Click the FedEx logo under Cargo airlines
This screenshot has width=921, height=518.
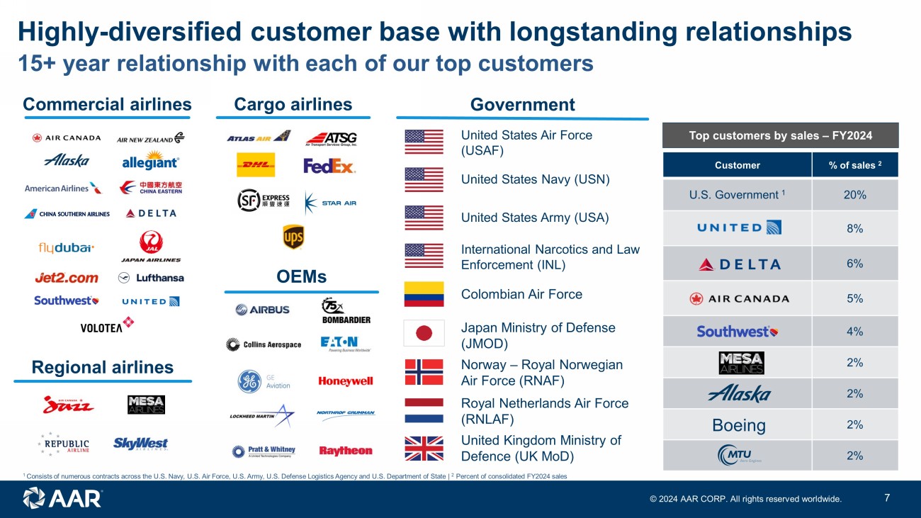click(x=329, y=166)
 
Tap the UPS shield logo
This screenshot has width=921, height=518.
click(x=293, y=237)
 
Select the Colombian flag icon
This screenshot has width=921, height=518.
click(x=424, y=294)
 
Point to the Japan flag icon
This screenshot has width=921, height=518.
click(x=424, y=332)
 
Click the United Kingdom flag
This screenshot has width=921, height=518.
click(x=424, y=448)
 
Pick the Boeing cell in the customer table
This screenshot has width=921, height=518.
click(x=738, y=425)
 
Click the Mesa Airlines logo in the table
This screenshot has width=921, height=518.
click(x=741, y=363)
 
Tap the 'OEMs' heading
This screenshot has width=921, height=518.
click(x=301, y=277)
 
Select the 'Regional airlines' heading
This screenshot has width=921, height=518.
click(x=103, y=367)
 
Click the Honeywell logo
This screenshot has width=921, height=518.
click(x=346, y=381)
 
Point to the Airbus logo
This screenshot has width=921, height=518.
click(x=262, y=310)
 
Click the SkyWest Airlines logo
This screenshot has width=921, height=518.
click(x=140, y=444)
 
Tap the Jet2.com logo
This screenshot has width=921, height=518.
click(x=67, y=278)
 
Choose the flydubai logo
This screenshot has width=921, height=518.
click(x=67, y=248)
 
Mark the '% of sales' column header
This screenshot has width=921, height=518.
click(x=854, y=165)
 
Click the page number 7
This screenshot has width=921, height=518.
click(x=888, y=497)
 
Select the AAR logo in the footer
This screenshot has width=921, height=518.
click(x=62, y=497)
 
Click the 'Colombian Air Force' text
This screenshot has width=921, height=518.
click(x=521, y=294)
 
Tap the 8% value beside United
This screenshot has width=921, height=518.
click(x=854, y=227)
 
